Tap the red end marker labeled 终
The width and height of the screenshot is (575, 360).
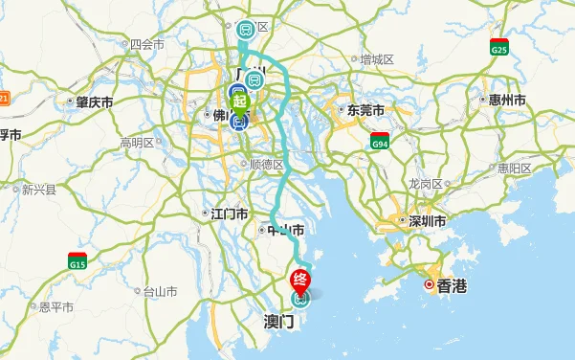[299, 280]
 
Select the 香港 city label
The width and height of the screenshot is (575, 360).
[452, 285]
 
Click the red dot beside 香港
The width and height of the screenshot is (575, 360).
[430, 285]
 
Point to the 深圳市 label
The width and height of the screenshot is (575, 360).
[429, 221]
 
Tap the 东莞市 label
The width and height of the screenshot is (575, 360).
[365, 109]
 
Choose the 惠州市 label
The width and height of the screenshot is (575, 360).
[507, 100]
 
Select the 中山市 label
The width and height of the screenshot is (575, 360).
[286, 231]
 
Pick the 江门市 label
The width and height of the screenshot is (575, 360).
[230, 214]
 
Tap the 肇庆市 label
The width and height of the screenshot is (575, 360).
[96, 101]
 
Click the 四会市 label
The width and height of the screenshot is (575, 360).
[147, 44]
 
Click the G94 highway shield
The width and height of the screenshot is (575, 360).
[380, 143]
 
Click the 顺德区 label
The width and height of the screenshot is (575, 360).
[267, 164]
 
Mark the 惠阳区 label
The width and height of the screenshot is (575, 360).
[515, 168]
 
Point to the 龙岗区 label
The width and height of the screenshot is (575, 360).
[425, 183]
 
